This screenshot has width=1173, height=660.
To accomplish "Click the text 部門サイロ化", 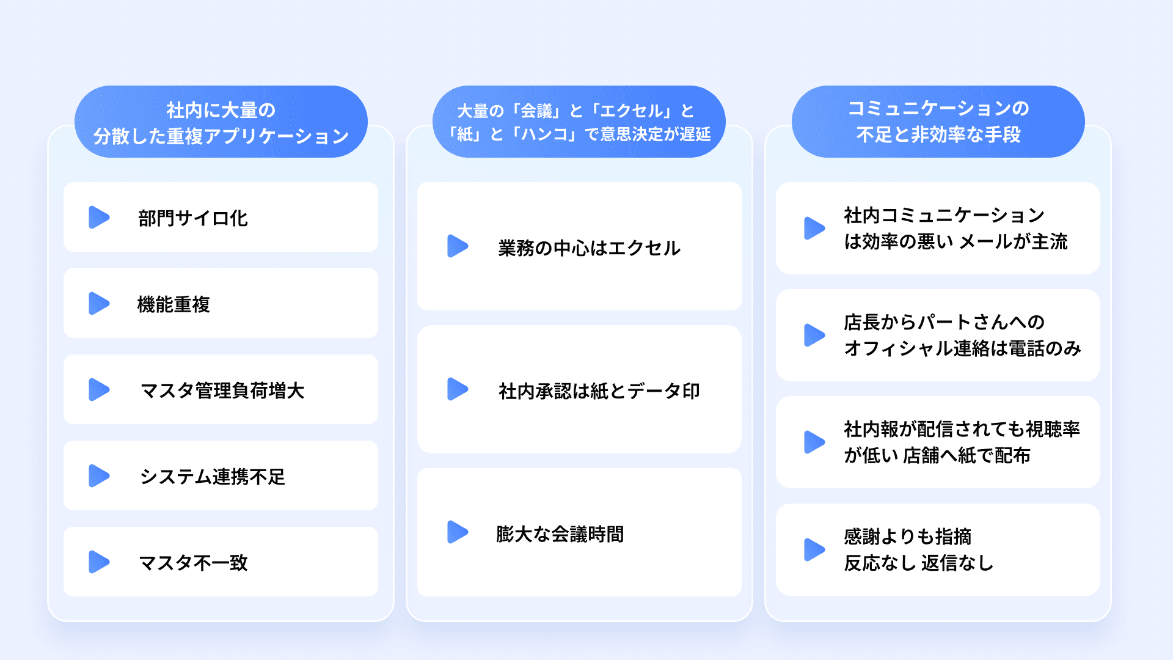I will pyautogui.click(x=193, y=218).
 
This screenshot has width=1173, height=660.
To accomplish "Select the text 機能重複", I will pyautogui.click(x=174, y=304).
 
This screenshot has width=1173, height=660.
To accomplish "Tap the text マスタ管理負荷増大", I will pyautogui.click(x=222, y=391).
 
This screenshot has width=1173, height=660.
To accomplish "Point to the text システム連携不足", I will pyautogui.click(x=213, y=477).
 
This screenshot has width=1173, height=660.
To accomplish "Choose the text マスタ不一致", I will pyautogui.click(x=193, y=563).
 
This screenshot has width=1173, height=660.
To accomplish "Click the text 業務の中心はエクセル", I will pyautogui.click(x=589, y=248).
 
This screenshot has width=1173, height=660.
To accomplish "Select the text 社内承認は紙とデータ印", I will pyautogui.click(x=599, y=391).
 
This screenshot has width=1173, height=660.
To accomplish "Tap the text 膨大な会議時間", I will pyautogui.click(x=560, y=534).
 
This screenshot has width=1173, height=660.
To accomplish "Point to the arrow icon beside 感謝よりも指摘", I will pyautogui.click(x=814, y=550).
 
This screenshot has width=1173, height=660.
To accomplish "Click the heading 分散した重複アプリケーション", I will pyautogui.click(x=221, y=136).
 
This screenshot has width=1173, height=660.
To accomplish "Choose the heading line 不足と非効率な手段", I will pyautogui.click(x=938, y=134).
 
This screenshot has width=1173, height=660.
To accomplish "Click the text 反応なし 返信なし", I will pyautogui.click(x=918, y=563).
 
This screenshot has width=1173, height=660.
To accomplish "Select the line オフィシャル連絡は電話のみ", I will pyautogui.click(x=962, y=348).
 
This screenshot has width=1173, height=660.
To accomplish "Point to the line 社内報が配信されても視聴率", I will pyautogui.click(x=962, y=429).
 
